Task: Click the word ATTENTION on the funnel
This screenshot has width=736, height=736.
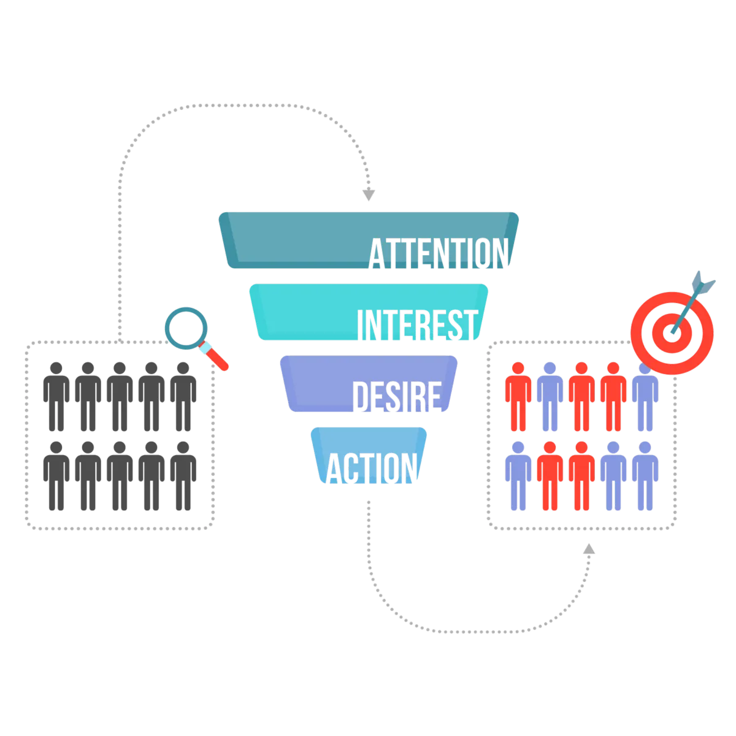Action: (439, 253)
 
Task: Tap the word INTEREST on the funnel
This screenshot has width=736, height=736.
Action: (417, 325)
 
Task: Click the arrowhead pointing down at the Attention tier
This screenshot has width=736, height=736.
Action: (368, 195)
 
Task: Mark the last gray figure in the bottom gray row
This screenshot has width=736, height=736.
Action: (183, 477)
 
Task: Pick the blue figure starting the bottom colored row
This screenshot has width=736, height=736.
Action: (518, 477)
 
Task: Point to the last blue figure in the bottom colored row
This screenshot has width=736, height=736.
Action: (645, 477)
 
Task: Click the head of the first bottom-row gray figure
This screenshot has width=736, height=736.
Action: (55, 447)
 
